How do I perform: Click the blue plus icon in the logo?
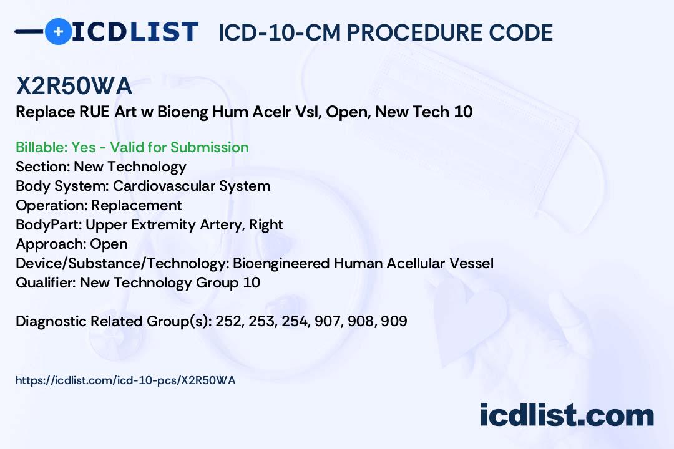click(58, 31)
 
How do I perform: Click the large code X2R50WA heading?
click(74, 85)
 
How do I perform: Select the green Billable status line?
click(132, 147)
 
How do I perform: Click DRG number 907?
click(328, 321)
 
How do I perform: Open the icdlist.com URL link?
click(125, 380)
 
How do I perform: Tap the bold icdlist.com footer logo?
click(567, 415)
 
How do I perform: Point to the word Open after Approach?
click(109, 244)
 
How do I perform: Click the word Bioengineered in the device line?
click(281, 263)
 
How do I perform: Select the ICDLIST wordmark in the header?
click(135, 32)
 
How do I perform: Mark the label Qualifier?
click(46, 282)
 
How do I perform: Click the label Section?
click(43, 167)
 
